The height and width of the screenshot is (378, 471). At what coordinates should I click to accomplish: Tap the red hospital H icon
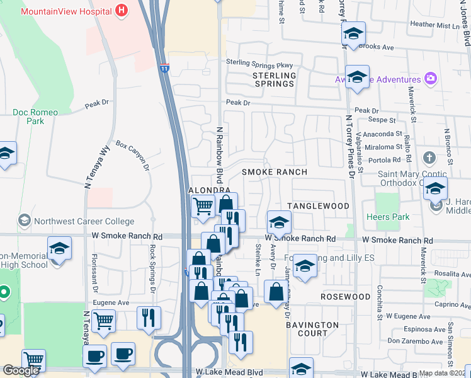pyautogui.click(x=122, y=11)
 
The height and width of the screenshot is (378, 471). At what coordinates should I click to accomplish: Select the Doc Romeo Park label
pyautogui.click(x=35, y=117)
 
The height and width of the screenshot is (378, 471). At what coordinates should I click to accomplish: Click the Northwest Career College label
pyautogui.click(x=84, y=221)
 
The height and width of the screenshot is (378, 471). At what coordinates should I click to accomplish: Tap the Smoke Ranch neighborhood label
pyautogui.click(x=275, y=172)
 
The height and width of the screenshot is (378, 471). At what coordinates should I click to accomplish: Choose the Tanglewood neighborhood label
pyautogui.click(x=318, y=206)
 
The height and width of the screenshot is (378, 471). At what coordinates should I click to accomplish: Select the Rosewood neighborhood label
pyautogui.click(x=346, y=296)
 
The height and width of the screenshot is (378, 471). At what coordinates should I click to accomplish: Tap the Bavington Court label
pyautogui.click(x=312, y=329)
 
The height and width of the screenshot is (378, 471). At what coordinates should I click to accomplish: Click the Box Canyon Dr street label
pyautogui.click(x=132, y=156)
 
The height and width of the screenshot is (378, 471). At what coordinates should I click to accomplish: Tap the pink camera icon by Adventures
pyautogui.click(x=431, y=79)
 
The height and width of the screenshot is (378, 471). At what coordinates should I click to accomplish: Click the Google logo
pyautogui.click(x=21, y=370)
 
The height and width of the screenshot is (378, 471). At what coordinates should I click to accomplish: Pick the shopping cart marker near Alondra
pyautogui.click(x=203, y=205)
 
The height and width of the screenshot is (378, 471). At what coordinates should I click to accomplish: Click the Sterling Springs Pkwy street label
pyautogui.click(x=260, y=65)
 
